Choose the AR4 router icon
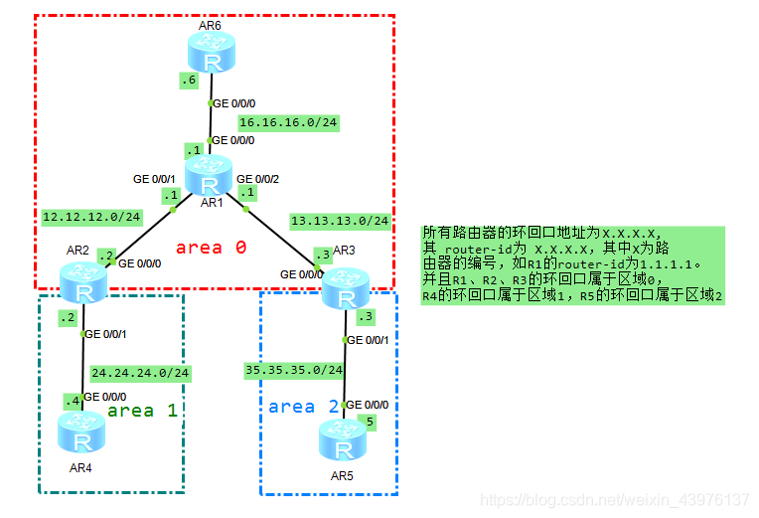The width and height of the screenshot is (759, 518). click(82, 432)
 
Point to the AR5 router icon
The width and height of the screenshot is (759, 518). click(345, 439)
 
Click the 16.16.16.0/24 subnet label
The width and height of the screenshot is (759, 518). click(288, 122)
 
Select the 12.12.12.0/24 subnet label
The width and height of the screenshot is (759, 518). click(91, 216)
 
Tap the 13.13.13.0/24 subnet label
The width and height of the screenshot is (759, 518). click(340, 220)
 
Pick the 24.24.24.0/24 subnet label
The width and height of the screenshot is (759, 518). click(140, 374)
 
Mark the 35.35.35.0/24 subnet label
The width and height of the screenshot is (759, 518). click(294, 370)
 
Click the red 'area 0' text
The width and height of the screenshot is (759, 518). click(211, 248)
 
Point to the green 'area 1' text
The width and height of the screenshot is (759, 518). click(142, 410)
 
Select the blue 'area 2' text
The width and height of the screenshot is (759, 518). click(304, 406)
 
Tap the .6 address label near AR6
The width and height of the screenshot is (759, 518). click(189, 81)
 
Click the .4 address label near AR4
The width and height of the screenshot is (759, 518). click(72, 401)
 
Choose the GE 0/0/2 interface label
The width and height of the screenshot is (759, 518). click(257, 178)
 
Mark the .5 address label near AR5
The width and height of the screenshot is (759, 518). click(370, 421)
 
